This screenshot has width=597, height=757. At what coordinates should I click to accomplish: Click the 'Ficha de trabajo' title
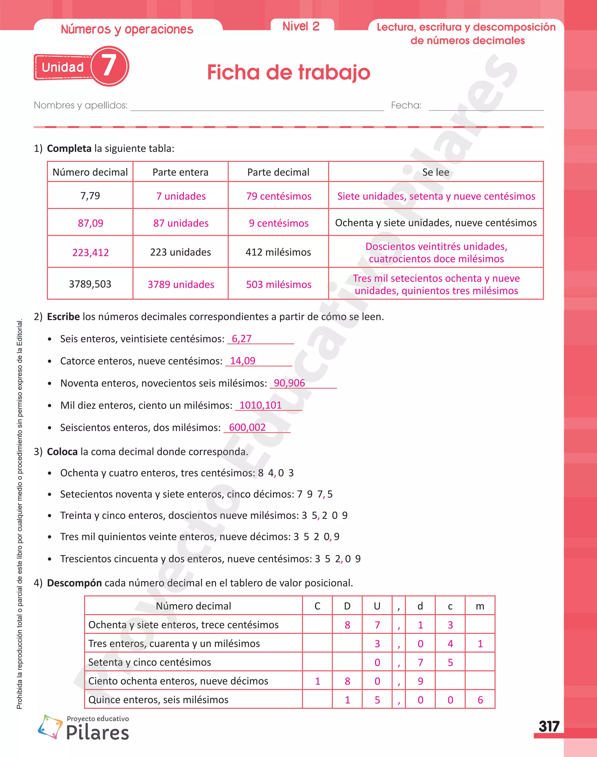[288, 72]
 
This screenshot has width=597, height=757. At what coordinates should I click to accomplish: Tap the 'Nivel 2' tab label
[301, 26]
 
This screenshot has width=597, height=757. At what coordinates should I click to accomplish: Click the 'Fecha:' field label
[406, 105]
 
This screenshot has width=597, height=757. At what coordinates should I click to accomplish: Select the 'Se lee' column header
[436, 172]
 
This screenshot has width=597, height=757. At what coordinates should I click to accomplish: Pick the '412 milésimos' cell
[278, 252]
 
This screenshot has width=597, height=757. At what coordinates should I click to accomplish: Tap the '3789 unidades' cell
[181, 284]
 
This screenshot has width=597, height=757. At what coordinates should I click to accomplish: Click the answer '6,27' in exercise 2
[242, 339]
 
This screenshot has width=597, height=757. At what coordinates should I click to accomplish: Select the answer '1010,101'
[260, 405]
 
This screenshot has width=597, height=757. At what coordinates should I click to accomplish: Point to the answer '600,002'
[247, 427]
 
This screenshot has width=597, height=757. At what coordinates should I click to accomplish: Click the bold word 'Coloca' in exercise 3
[62, 451]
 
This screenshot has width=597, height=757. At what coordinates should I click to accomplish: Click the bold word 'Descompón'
[74, 583]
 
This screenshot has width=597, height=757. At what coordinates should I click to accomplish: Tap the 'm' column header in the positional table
[480, 606]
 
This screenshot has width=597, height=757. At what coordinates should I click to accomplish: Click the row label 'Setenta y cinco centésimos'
[150, 662]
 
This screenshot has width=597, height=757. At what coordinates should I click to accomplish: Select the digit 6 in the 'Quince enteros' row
[480, 700]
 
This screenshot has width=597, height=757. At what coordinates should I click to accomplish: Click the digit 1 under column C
[317, 681]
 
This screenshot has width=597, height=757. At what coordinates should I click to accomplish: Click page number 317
[549, 727]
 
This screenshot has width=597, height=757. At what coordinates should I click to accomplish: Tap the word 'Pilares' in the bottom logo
[98, 732]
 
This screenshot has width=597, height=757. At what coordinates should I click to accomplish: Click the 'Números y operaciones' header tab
[127, 29]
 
